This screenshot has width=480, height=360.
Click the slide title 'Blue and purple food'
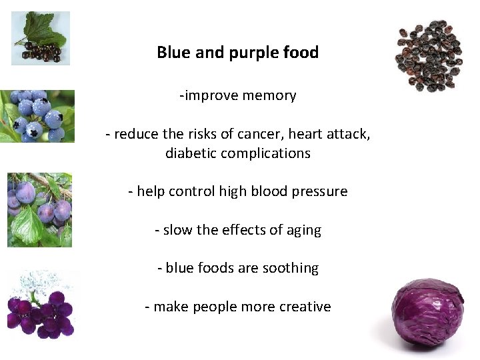[x=237, y=53]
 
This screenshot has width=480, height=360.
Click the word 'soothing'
[x=290, y=269]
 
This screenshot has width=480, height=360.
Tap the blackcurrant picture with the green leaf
[x=40, y=38]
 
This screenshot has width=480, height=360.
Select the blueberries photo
[x=37, y=117]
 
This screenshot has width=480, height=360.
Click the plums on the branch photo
[x=39, y=210]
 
